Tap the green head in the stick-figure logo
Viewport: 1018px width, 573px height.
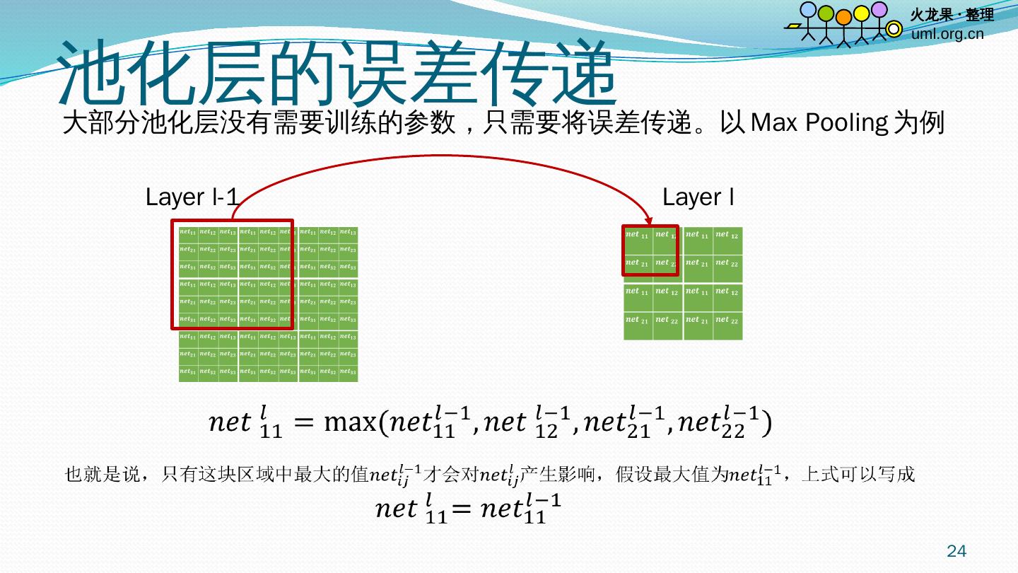(826, 13)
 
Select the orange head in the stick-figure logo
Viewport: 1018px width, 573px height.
(844, 16)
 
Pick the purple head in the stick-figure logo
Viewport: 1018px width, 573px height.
(879, 10)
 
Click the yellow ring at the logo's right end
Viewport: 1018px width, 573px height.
(894, 29)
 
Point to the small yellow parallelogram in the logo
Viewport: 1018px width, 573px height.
(794, 26)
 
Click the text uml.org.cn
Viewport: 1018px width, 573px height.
(947, 33)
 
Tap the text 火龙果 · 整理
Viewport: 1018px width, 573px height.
(952, 15)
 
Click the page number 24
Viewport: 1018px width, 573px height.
(956, 551)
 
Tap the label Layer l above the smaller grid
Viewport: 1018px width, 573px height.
(698, 197)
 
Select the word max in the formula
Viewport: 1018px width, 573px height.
(349, 423)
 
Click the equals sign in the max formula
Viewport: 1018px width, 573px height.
(303, 423)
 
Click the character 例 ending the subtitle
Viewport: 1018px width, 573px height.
(932, 123)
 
